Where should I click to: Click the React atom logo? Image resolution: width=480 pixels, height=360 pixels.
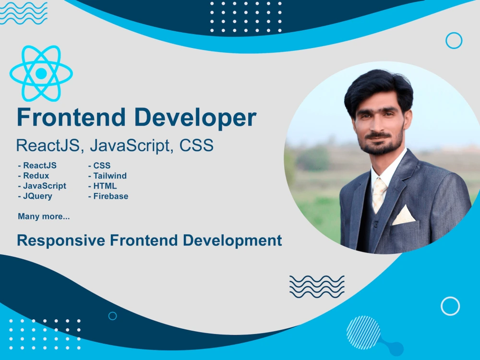tap(41, 73)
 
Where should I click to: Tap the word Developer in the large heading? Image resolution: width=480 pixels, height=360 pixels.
tap(195, 118)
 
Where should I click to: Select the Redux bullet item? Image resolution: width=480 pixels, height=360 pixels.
tap(34, 176)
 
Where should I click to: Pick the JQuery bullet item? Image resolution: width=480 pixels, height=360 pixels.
tap(35, 196)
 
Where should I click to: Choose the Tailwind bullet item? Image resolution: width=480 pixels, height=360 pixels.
tap(108, 176)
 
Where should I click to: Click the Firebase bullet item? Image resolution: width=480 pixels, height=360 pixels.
tap(108, 196)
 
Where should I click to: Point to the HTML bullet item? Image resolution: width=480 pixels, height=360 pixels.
tap(102, 186)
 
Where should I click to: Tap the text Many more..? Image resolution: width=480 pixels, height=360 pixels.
tap(44, 216)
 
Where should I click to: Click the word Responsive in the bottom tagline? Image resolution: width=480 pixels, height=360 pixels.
tap(61, 240)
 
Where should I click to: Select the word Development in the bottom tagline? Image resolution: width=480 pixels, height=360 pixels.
tap(232, 240)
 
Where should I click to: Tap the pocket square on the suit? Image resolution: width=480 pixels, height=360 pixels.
tap(404, 215)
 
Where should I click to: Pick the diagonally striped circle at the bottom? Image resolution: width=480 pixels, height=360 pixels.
tap(363, 333)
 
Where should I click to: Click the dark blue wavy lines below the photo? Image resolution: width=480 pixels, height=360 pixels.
tap(317, 287)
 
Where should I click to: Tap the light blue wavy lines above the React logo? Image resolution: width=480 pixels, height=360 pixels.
tap(24, 13)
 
